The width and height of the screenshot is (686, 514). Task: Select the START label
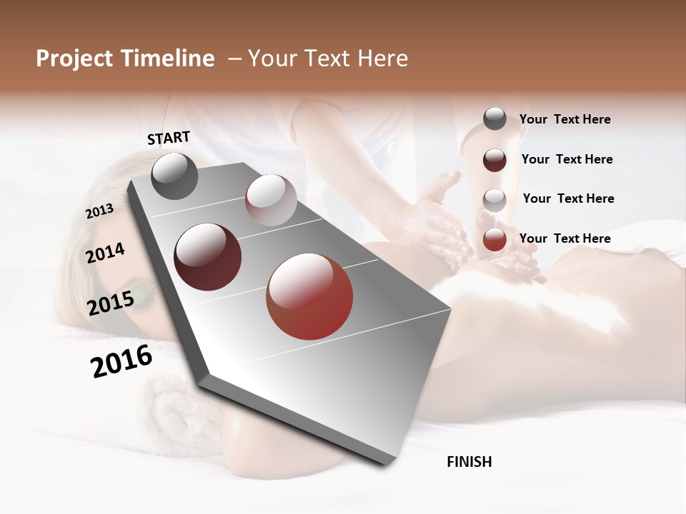pyautogui.click(x=169, y=138)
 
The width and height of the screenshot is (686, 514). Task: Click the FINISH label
pyautogui.click(x=469, y=462)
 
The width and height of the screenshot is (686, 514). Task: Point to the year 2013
pyautogui.click(x=99, y=211)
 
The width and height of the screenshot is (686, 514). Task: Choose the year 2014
pyautogui.click(x=105, y=253)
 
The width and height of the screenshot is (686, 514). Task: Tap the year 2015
pyautogui.click(x=111, y=303)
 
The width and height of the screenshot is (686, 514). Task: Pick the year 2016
pyautogui.click(x=121, y=361)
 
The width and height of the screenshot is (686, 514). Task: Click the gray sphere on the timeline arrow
pyautogui.click(x=175, y=176)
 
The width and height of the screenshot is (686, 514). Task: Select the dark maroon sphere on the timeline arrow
pyautogui.click(x=208, y=257)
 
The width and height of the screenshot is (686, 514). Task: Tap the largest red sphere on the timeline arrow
pyautogui.click(x=309, y=296)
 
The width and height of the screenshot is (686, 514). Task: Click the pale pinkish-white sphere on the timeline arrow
pyautogui.click(x=271, y=201)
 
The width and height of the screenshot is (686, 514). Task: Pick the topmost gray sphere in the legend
pyautogui.click(x=494, y=119)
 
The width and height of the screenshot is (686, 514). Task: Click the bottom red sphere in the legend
pyautogui.click(x=494, y=239)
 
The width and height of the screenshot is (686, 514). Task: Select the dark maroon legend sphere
pyautogui.click(x=494, y=160)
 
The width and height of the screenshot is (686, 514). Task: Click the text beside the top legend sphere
pyautogui.click(x=565, y=120)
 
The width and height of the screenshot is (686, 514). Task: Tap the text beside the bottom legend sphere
pyautogui.click(x=565, y=238)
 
